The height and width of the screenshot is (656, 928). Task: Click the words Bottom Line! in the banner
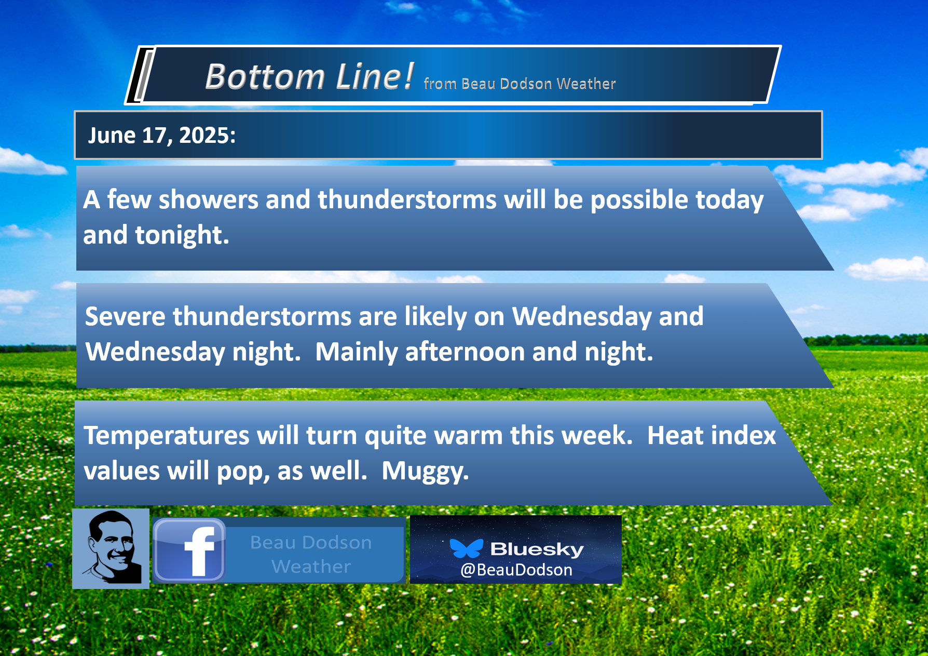tap(309, 76)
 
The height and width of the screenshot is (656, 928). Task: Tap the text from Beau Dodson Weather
tap(520, 84)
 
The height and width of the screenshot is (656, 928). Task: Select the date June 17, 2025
tap(161, 136)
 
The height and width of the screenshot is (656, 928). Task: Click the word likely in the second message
tap(435, 317)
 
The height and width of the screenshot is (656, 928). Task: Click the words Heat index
tap(712, 435)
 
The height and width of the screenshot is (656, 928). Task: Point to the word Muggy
tap(425, 472)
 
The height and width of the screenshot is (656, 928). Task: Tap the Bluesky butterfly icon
tap(466, 548)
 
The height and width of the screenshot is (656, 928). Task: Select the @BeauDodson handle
tap(516, 570)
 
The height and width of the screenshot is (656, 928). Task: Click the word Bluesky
tap(537, 549)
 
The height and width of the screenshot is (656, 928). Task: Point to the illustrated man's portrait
tap(111, 548)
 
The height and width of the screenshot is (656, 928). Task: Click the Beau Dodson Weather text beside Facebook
tap(311, 554)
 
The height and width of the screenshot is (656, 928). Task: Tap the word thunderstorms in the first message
tap(407, 199)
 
